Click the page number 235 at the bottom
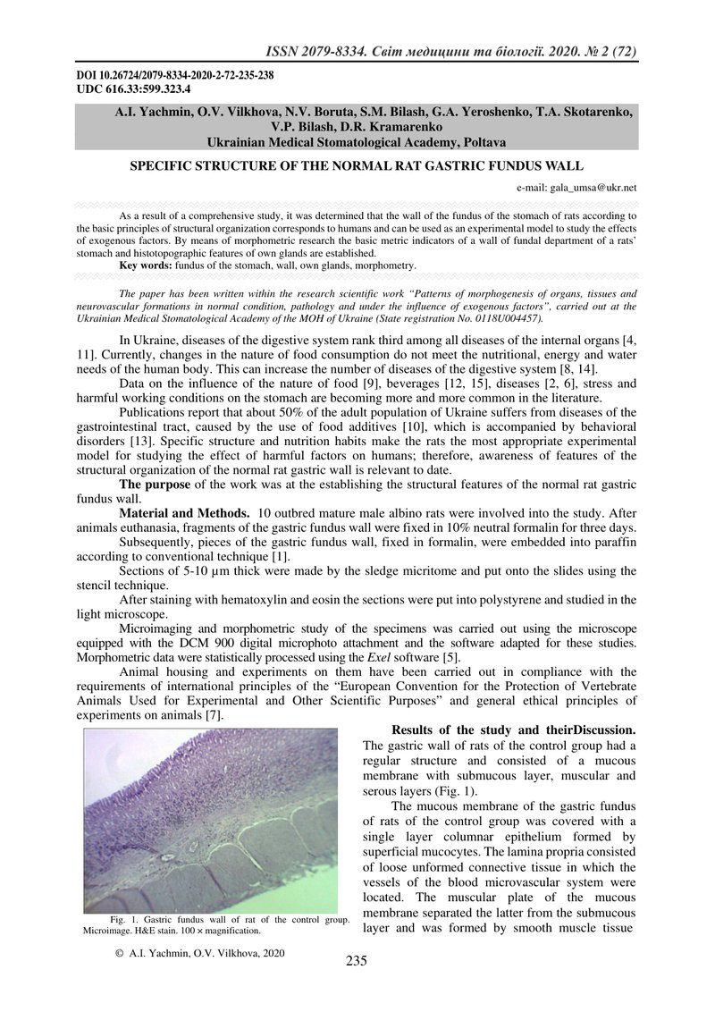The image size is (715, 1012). (357, 961)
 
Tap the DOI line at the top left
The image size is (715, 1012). (175, 75)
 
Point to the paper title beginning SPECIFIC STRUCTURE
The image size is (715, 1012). (357, 166)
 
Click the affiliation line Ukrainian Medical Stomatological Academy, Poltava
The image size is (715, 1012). (357, 141)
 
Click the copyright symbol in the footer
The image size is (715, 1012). (119, 954)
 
